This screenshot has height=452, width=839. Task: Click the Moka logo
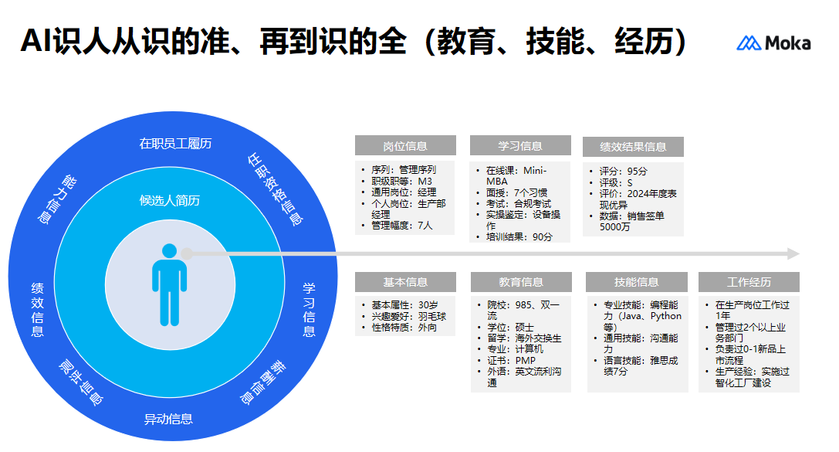773,43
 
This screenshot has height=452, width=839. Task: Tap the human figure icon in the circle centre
169,284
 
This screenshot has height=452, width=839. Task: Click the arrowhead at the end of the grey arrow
793,253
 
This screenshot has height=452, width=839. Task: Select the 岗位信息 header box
404,146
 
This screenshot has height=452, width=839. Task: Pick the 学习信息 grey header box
519,146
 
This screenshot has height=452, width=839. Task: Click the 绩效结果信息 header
633,147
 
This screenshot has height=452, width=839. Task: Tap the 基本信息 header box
404,282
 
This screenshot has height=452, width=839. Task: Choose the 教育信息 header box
520,282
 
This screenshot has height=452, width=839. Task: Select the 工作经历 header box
748,282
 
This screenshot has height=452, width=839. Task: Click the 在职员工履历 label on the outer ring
175,143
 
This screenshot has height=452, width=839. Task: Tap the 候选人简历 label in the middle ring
170,201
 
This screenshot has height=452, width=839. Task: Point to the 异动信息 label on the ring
168,419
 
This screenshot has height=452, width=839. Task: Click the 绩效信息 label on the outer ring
37,309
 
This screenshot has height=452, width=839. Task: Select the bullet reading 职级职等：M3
401,181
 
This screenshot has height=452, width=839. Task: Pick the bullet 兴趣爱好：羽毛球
408,317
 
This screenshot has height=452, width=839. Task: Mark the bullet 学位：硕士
510,328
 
